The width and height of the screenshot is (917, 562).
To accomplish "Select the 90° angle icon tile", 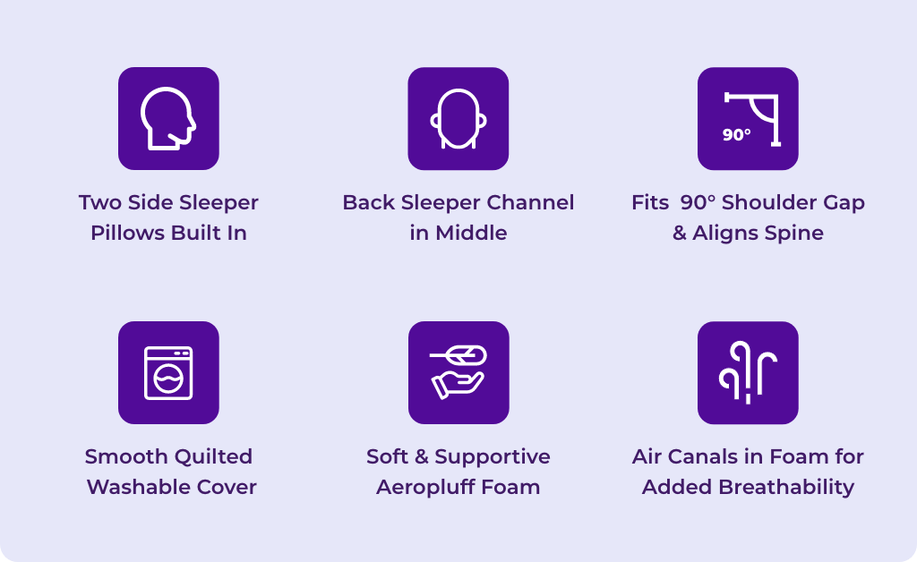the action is click(x=748, y=119).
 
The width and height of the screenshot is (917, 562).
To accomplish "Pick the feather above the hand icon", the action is click(x=458, y=354).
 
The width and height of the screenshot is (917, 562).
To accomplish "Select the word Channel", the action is click(x=530, y=203).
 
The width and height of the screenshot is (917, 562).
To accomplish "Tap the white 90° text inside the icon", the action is click(x=736, y=135).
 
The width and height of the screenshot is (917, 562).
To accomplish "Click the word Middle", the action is click(x=471, y=233).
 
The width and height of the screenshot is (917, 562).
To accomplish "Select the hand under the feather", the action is click(x=458, y=386).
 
